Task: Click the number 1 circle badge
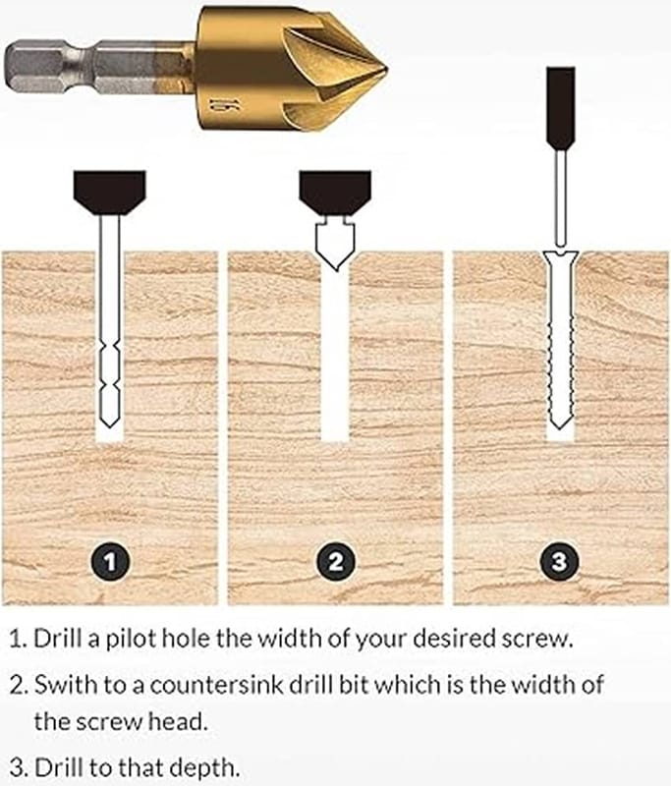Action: (110, 561)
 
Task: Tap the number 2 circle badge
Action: (336, 561)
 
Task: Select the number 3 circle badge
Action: (559, 561)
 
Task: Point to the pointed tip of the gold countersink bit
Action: (386, 69)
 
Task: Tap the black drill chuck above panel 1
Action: (110, 193)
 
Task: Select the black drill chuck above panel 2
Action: (335, 193)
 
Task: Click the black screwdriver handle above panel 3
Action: (560, 108)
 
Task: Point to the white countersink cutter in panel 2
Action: (335, 244)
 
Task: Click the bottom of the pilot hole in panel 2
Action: (335, 440)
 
